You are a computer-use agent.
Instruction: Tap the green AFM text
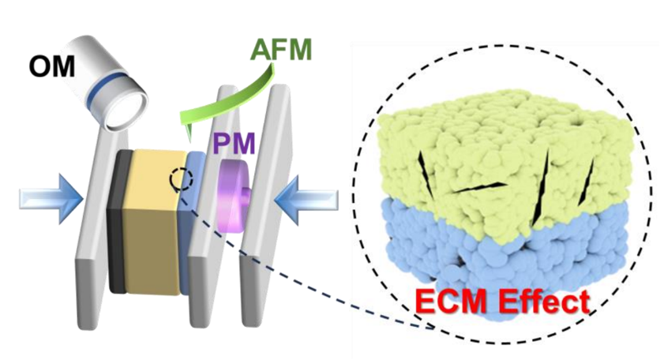tap(281, 49)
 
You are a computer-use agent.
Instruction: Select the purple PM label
tap(234, 143)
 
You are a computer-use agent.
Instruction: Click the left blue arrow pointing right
tap(51, 199)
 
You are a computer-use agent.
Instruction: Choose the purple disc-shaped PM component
tap(232, 196)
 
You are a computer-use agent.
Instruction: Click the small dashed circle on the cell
tap(182, 179)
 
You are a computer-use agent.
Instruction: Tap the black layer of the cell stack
tap(118, 221)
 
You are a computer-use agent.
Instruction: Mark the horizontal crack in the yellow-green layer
tap(479, 188)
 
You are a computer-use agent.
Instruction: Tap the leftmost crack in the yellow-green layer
tap(426, 174)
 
